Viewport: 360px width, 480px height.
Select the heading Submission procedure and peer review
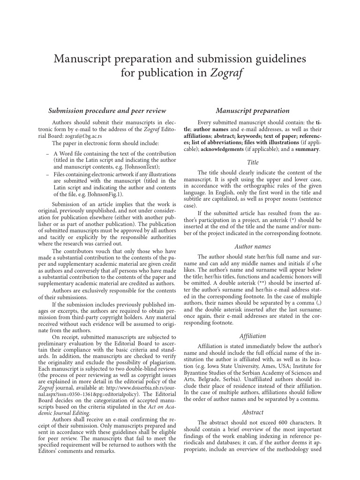[x=107, y=111]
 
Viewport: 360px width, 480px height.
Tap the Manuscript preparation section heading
[x=253, y=111]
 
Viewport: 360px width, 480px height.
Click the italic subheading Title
[x=253, y=162]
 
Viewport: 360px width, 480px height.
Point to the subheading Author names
[x=253, y=246]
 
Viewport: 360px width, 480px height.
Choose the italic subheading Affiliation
[x=253, y=336]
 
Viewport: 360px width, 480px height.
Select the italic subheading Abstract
[x=253, y=412]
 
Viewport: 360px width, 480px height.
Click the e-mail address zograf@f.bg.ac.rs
[x=81, y=136]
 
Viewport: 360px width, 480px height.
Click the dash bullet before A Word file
[x=48, y=153]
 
